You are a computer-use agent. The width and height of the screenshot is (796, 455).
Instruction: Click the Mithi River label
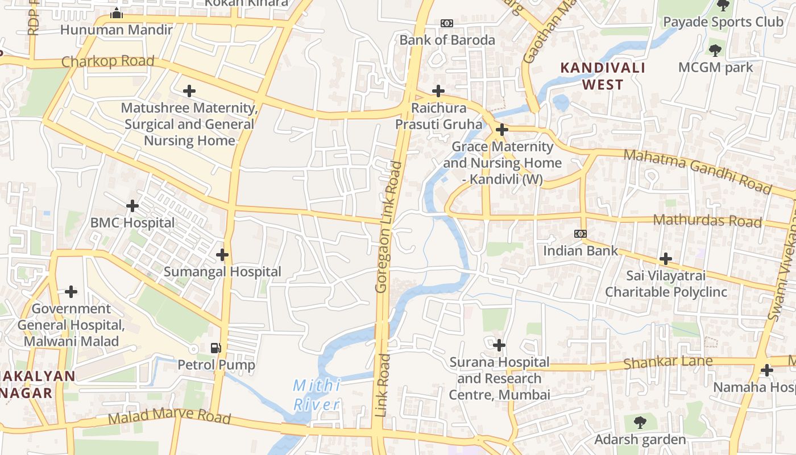click(317, 395)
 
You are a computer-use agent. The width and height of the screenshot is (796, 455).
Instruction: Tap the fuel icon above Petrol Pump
click(216, 348)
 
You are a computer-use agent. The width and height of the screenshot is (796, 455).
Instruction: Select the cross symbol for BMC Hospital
click(132, 205)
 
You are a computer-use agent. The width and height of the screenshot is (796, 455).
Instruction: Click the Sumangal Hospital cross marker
click(222, 255)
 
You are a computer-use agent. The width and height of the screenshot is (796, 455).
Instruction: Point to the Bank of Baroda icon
click(447, 23)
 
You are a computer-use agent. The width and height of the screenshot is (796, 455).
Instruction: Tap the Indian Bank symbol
click(580, 234)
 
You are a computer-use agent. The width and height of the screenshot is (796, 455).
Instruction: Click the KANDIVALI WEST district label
click(603, 76)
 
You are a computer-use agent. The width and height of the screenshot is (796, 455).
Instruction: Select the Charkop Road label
click(107, 61)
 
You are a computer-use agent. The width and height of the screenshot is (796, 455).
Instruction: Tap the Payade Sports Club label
click(723, 22)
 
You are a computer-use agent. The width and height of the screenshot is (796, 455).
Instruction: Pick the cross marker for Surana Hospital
click(499, 345)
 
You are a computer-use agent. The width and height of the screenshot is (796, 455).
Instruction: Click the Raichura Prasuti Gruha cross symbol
click(438, 91)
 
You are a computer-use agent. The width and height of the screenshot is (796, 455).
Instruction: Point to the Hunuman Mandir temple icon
click(117, 13)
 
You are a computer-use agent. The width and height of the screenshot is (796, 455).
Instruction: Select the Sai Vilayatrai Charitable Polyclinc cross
click(665, 259)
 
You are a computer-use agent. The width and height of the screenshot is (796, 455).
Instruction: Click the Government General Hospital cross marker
click(71, 292)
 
